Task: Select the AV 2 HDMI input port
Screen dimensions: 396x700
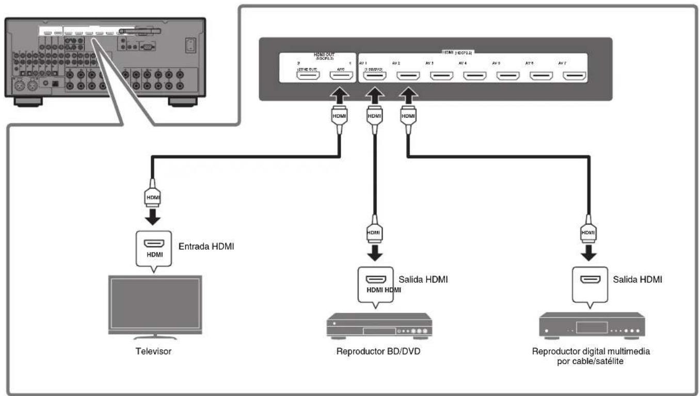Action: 408,76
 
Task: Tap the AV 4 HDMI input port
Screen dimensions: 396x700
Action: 474,76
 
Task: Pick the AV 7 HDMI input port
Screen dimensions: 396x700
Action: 574,76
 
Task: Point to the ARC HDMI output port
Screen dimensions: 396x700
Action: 340,76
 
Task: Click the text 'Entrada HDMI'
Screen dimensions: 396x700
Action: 206,247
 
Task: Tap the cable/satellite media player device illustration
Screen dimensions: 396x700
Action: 591,325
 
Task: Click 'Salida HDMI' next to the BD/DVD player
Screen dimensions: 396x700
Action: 423,279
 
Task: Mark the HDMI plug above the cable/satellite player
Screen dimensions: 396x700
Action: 588,232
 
